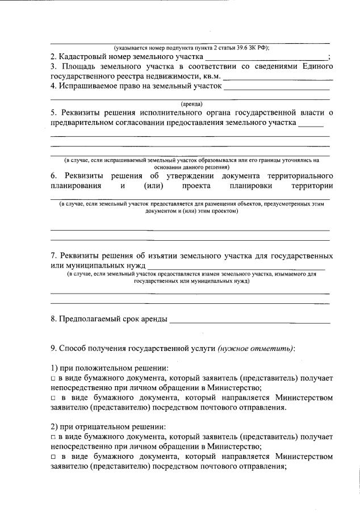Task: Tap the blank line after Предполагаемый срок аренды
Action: (250, 321)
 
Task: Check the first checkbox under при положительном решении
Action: (53, 378)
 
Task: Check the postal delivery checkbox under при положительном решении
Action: (53, 398)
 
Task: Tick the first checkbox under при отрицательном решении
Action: (53, 437)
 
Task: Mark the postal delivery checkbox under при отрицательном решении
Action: (53, 457)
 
